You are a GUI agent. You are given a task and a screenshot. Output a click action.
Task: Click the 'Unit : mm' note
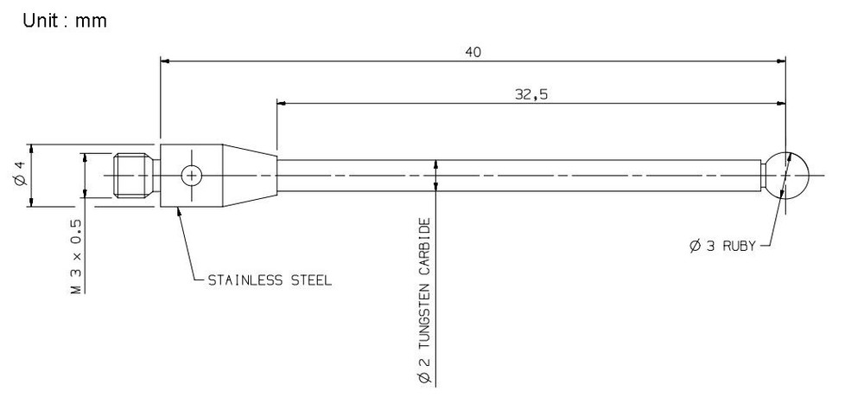(65, 21)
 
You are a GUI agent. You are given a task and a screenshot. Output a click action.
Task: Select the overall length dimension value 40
(473, 52)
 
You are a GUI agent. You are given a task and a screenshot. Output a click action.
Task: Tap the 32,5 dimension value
(530, 94)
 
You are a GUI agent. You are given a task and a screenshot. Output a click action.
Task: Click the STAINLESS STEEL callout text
(270, 281)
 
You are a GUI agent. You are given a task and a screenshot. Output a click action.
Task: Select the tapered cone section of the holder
(250, 175)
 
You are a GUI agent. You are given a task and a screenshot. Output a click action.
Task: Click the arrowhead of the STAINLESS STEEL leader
(179, 213)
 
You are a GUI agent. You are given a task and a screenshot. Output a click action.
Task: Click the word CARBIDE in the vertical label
(424, 247)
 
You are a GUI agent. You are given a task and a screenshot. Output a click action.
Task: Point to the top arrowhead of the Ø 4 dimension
(31, 148)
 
